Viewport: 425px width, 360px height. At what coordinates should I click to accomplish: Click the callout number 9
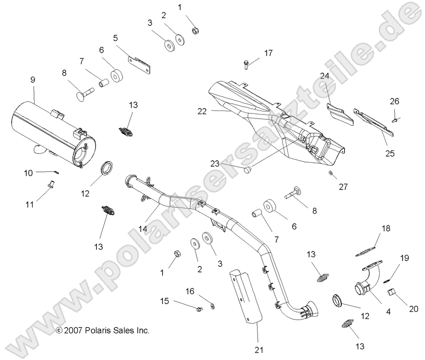[x=33, y=79]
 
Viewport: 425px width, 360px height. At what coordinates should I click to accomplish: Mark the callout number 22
[x=203, y=111]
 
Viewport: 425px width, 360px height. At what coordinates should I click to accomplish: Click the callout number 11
[x=30, y=205]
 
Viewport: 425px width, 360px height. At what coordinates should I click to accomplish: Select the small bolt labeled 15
[x=199, y=309]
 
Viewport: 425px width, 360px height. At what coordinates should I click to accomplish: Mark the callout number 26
[x=394, y=101]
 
